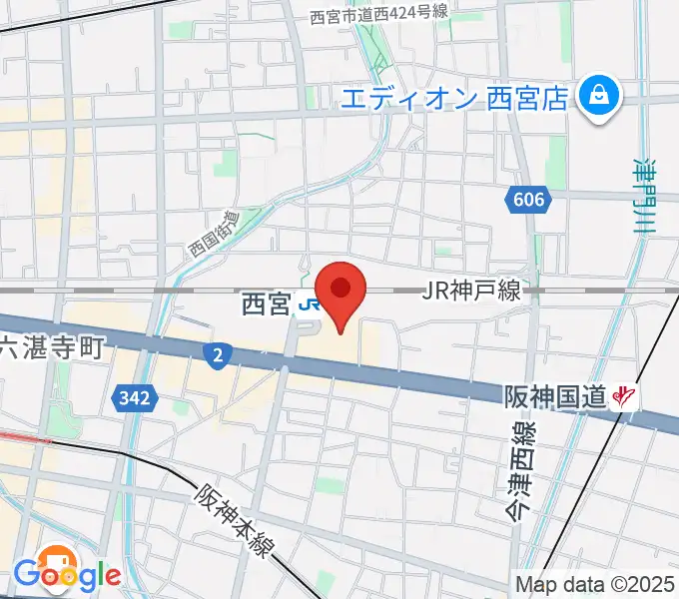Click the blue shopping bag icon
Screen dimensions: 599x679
(x=599, y=96)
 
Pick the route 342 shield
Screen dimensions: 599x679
(x=133, y=398)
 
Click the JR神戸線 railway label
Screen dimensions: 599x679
(x=471, y=292)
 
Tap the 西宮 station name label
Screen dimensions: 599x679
(x=266, y=304)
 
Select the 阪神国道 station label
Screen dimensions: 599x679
(x=554, y=397)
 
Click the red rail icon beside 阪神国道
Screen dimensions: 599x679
(x=625, y=397)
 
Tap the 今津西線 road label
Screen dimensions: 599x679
(x=519, y=469)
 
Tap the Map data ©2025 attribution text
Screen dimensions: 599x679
(x=595, y=585)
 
